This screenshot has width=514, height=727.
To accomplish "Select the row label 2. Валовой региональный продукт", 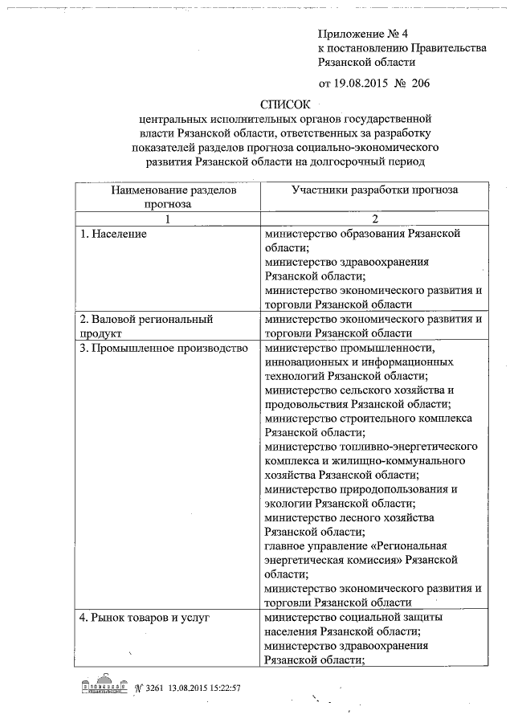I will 145,325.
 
